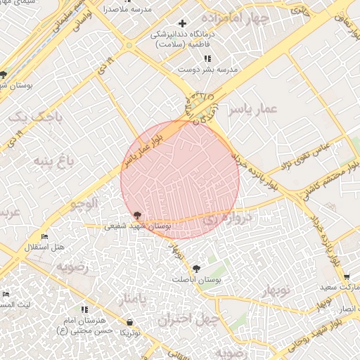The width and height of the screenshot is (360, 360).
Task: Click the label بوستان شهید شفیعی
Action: point(138,226)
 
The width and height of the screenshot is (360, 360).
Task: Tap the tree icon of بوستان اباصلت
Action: point(196,269)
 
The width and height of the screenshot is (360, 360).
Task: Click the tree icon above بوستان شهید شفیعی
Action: point(137,216)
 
